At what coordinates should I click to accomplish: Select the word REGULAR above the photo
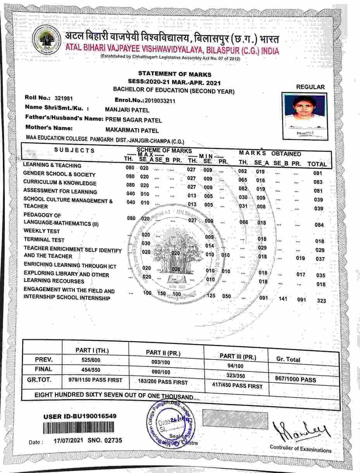point(310,87)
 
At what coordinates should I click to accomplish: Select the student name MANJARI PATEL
point(127,110)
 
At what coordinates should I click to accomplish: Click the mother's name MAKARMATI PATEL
point(132,131)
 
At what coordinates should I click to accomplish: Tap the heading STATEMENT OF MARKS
point(175,74)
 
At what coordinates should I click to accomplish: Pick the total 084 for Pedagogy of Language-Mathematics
point(319,225)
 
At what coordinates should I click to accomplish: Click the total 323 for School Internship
point(321,301)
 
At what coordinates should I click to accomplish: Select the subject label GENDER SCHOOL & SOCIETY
point(59,174)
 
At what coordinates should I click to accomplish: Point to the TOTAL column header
point(317,164)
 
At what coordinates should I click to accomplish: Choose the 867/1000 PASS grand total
point(295,380)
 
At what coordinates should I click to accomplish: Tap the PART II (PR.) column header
point(163,353)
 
